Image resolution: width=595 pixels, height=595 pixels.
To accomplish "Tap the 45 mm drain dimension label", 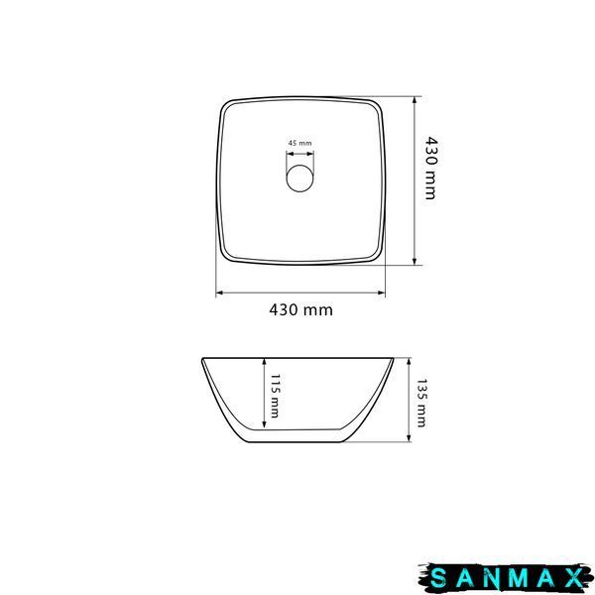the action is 299,143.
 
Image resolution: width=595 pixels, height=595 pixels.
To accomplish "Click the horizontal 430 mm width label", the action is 300,310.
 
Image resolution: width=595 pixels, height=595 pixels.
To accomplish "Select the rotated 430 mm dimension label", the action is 430,169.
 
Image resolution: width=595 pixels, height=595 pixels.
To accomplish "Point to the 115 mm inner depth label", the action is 275,396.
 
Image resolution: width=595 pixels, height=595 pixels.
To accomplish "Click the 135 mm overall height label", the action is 421,403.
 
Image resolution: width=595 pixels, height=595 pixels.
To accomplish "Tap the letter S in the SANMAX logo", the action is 438,578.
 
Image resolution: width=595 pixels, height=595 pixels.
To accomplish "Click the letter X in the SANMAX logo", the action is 574,578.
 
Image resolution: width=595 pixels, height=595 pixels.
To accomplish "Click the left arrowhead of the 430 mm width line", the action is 219,293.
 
